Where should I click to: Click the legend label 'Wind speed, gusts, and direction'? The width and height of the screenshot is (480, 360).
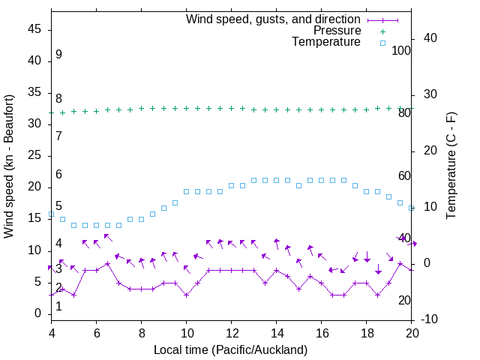coord(273,19)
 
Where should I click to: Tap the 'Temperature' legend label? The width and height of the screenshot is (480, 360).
coord(326,42)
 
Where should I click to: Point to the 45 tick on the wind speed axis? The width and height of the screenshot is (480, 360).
coord(37,29)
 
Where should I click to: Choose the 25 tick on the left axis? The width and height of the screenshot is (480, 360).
coord(37,155)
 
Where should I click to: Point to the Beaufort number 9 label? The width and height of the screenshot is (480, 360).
coord(58,55)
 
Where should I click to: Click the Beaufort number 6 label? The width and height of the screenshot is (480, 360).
coord(58,174)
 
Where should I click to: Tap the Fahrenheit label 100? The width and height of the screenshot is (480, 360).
coord(401,51)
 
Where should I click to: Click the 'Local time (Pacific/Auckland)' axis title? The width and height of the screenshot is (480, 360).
coord(230,349)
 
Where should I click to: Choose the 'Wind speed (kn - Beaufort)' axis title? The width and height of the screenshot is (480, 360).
coord(10,166)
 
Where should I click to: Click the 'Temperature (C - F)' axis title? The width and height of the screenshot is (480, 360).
coord(451,166)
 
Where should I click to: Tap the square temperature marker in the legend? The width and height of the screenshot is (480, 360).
coord(382,43)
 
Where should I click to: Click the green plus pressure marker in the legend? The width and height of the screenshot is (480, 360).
coord(382,31)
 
